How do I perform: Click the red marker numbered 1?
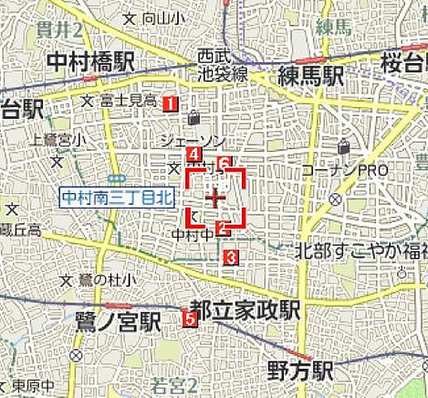tap(169, 103)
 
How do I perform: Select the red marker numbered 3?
tap(231, 257)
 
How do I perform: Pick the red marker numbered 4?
tap(193, 154)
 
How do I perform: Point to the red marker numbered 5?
tap(190, 317)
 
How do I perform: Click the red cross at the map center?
tap(215, 197)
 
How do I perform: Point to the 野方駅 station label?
tap(300, 371)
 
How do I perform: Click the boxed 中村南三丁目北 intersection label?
tap(117, 197)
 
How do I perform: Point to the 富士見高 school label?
tap(127, 100)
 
